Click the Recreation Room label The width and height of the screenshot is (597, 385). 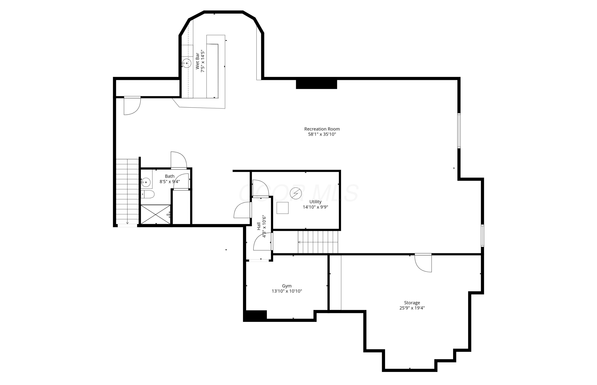click(x=322, y=129)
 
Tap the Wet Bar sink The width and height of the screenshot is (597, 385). click(x=187, y=63)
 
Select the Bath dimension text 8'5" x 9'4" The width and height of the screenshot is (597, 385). click(x=170, y=182)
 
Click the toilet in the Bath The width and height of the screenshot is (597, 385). click(x=147, y=194)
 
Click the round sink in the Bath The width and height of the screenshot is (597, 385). click(x=146, y=182)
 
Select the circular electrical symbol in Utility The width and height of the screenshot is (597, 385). click(x=296, y=193)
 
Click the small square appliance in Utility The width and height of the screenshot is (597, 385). click(x=282, y=208)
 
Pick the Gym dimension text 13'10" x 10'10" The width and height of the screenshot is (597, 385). click(x=287, y=291)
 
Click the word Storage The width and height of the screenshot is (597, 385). click(x=412, y=303)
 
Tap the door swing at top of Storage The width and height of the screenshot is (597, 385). click(x=423, y=263)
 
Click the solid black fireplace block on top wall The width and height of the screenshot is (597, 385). click(x=317, y=84)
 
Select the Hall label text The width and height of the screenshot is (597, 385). click(x=259, y=226)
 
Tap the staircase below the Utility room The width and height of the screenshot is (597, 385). click(x=318, y=242)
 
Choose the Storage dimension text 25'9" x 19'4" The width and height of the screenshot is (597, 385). click(x=412, y=308)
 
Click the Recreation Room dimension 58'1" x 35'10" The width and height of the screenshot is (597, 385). click(x=322, y=134)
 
